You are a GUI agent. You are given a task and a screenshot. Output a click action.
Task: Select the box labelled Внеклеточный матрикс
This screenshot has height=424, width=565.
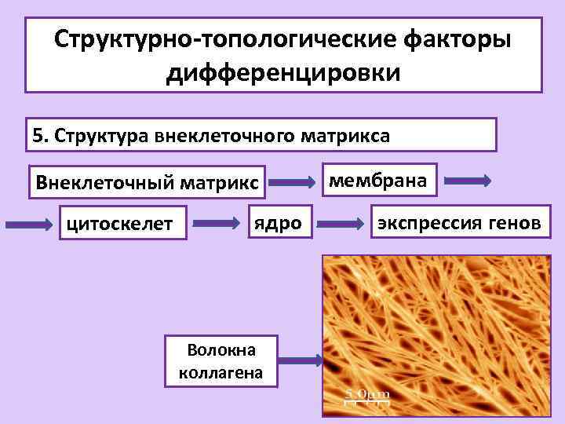coord(147,184)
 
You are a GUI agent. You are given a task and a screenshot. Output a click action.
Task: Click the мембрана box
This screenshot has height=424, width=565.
coord(378,181)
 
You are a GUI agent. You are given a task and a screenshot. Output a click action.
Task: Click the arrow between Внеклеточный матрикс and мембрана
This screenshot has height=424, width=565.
coord(293,183)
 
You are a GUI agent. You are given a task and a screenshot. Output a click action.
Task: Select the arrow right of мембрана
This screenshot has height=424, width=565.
coord(468,181)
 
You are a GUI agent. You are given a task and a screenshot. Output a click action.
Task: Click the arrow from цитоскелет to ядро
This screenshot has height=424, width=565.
coord(217,224)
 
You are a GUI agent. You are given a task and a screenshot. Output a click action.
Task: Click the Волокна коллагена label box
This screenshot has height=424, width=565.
coord(221,360)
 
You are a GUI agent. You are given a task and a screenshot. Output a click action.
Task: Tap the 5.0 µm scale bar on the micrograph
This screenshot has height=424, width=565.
coord(366,397)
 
